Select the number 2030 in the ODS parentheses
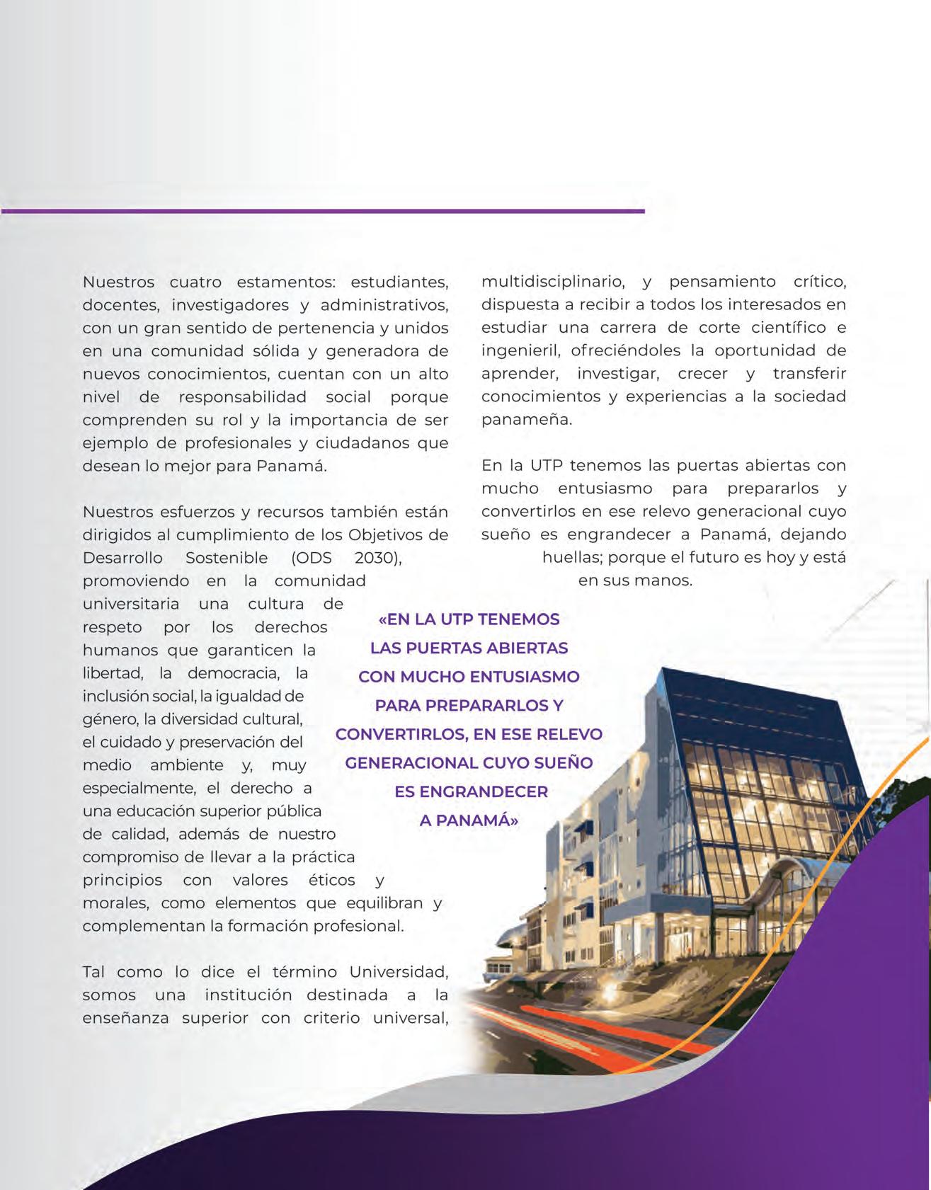(377, 558)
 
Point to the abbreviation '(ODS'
(312, 558)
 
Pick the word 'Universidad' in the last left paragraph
(399, 972)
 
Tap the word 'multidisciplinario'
(553, 282)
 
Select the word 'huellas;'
(572, 558)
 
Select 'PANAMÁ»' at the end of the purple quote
(469, 820)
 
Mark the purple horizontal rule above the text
(322, 211)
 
